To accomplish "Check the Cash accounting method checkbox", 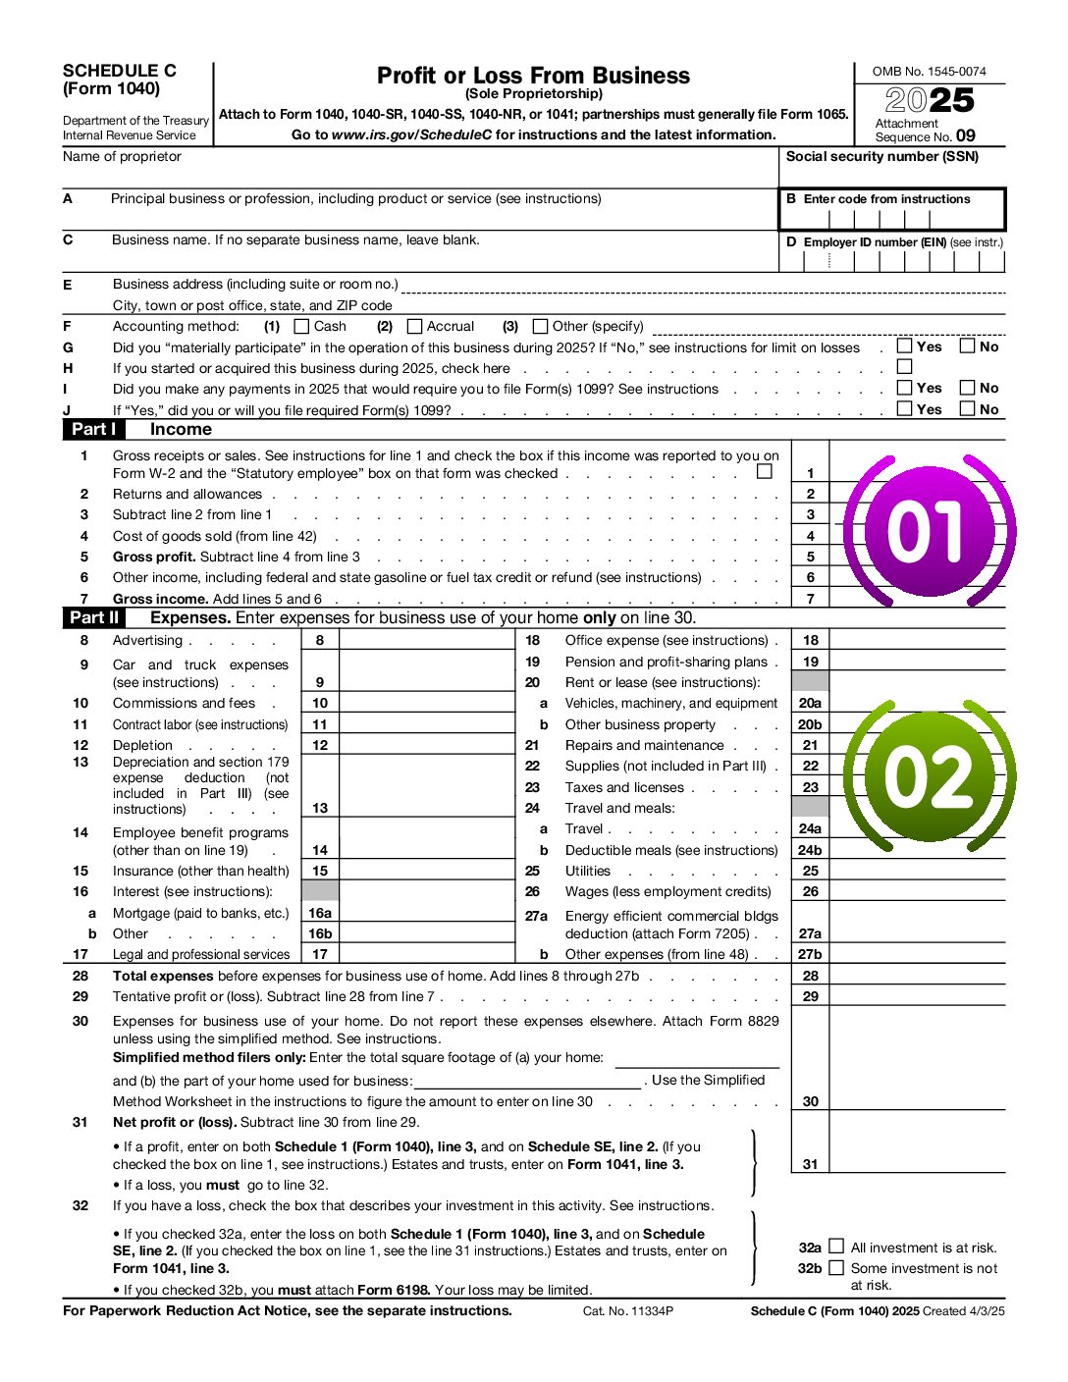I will click(x=302, y=326).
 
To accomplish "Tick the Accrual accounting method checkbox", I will click(x=414, y=326).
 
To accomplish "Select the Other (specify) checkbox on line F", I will click(x=540, y=326).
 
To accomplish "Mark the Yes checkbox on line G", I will click(x=904, y=346).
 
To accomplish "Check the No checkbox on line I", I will click(x=968, y=388).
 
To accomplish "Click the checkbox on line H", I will click(x=904, y=367).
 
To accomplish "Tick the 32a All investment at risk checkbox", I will click(x=836, y=1247).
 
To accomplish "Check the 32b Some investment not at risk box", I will click(x=836, y=1268).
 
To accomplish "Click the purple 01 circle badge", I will click(x=927, y=531).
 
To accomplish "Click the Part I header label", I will click(x=94, y=430).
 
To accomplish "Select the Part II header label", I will click(x=94, y=618).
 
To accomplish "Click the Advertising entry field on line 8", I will click(x=427, y=641).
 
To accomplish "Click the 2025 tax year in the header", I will click(x=930, y=101).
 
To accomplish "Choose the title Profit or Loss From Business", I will click(x=533, y=76).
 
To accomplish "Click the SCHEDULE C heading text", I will click(x=120, y=71).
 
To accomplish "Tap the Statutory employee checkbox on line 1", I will click(x=765, y=472).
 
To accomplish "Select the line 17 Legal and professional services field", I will click(x=427, y=954).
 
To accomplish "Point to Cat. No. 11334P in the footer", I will click(x=628, y=1311).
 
